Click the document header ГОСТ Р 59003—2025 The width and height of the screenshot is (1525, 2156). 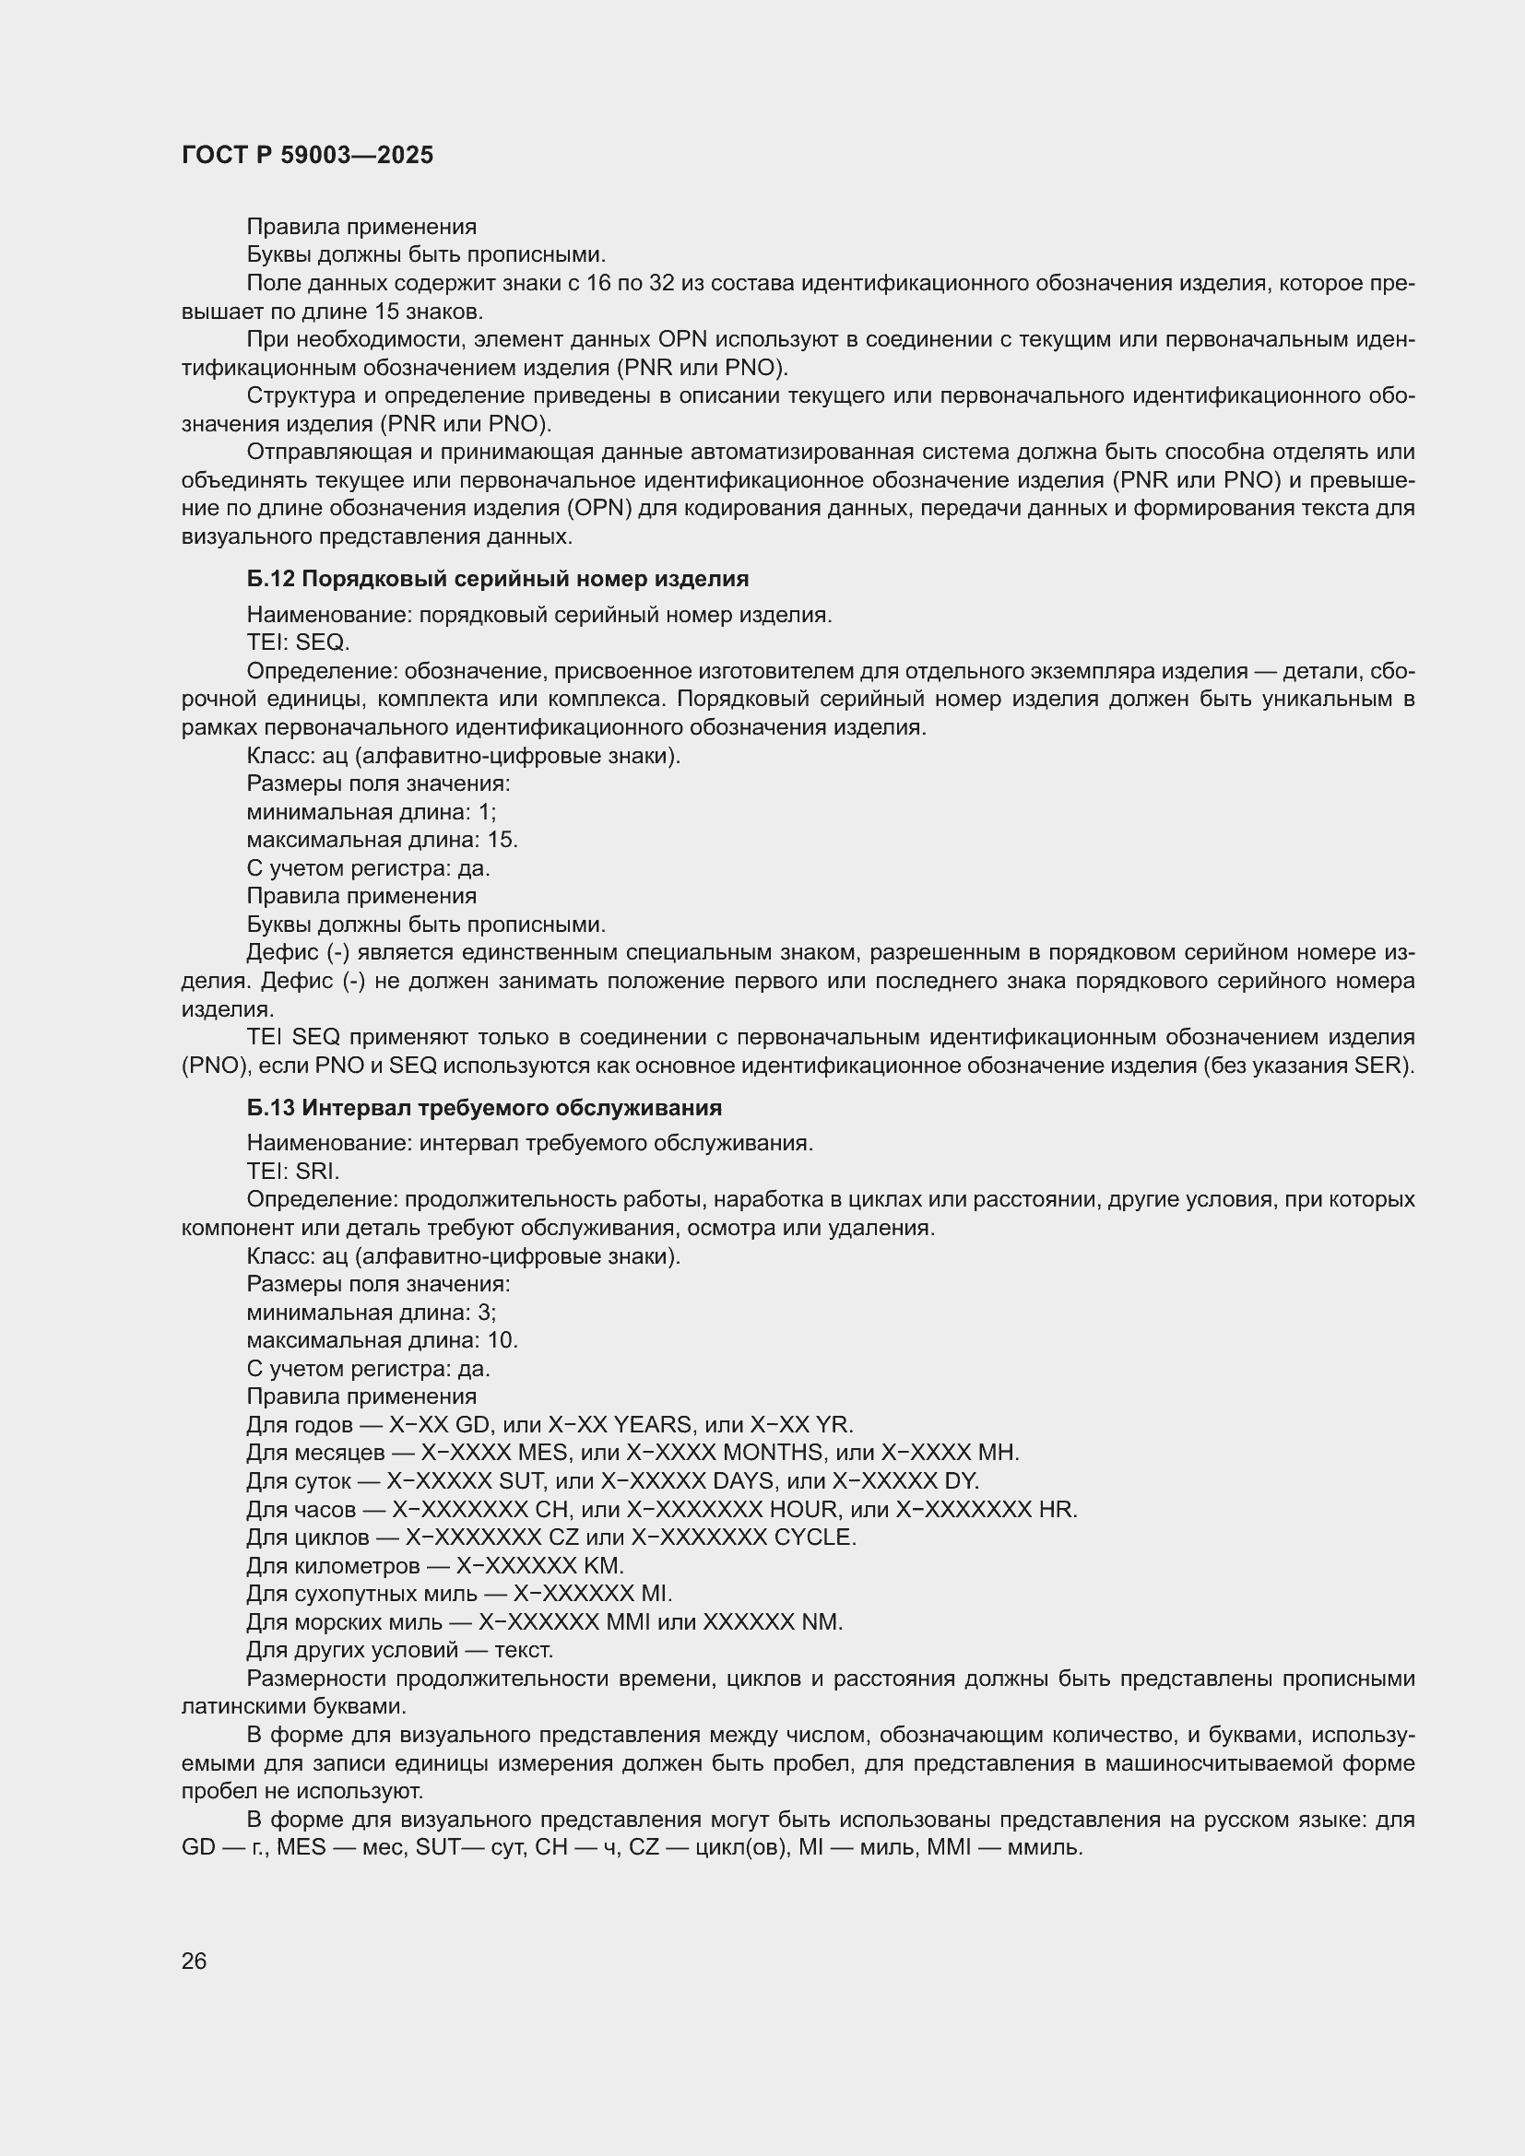click(x=307, y=156)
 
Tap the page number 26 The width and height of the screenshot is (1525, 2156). click(x=195, y=1961)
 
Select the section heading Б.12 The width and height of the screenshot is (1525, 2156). click(x=498, y=579)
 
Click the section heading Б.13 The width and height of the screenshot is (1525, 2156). click(x=484, y=1107)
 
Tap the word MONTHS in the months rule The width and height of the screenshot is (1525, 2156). click(x=773, y=1453)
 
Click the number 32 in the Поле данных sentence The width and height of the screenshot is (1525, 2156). click(x=662, y=283)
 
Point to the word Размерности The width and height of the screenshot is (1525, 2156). click(x=315, y=1678)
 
